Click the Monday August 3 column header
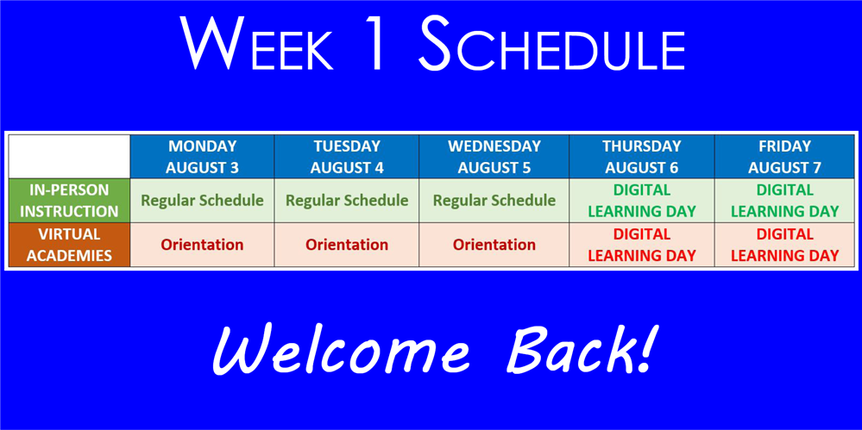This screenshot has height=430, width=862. (202, 157)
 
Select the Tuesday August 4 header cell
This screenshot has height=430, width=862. (347, 157)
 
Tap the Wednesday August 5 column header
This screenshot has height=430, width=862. (494, 157)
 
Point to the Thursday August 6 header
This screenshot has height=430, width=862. (642, 157)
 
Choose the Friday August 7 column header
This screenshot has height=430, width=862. (784, 157)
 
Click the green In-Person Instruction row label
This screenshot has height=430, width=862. (69, 201)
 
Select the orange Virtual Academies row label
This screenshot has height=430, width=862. (69, 245)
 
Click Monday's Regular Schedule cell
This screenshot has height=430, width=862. (202, 201)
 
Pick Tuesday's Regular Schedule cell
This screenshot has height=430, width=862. (347, 201)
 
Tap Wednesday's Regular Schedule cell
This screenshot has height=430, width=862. (494, 201)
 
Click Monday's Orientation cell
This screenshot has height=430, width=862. (202, 245)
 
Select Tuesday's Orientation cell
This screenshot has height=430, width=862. (347, 245)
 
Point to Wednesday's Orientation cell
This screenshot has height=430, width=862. (494, 245)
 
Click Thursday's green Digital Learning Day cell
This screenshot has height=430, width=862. (642, 201)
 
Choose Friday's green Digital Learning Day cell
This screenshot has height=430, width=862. (784, 201)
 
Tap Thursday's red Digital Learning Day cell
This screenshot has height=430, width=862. (642, 245)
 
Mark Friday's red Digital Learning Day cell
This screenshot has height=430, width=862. (784, 245)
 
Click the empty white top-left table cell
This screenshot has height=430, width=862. (69, 157)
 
